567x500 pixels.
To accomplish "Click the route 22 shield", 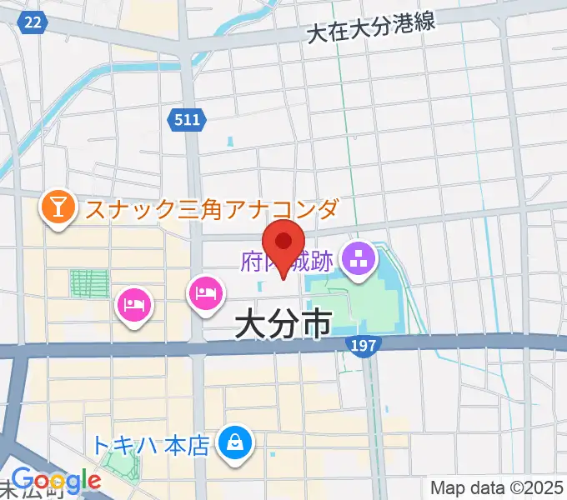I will click(x=33, y=22).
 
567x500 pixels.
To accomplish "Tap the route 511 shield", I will click(x=187, y=120).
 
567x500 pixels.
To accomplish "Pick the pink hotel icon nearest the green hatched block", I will click(x=135, y=302).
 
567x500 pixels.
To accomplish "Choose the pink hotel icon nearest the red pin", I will click(x=206, y=292).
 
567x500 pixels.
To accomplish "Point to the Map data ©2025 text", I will click(x=498, y=487).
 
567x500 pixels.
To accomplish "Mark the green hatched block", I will click(x=89, y=283).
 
